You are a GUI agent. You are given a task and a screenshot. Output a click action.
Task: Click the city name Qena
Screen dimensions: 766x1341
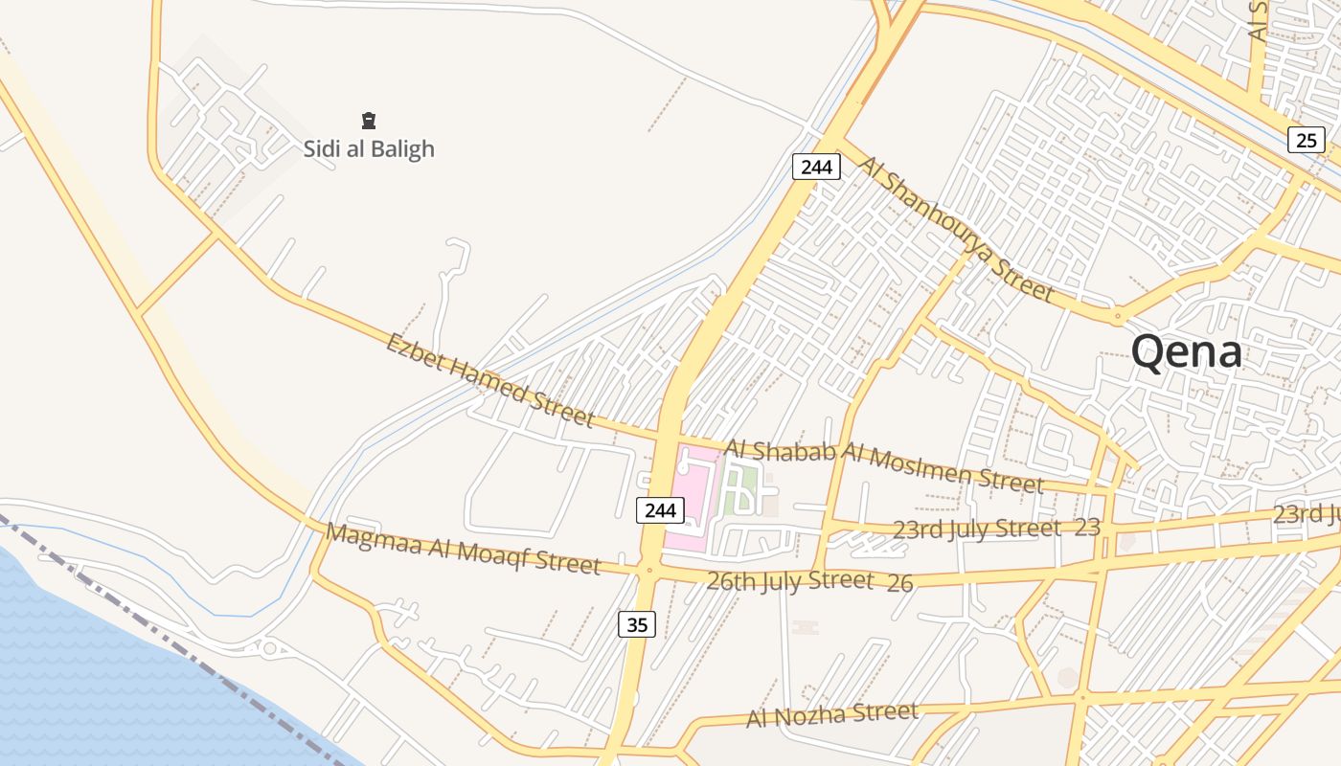1187,351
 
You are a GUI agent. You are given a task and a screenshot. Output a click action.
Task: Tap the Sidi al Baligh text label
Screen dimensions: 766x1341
369,149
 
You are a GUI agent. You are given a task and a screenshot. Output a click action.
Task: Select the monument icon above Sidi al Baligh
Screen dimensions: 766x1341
369,121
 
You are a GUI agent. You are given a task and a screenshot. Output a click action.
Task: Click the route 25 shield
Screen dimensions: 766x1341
1306,141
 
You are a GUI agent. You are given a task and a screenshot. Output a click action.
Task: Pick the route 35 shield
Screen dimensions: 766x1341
638,625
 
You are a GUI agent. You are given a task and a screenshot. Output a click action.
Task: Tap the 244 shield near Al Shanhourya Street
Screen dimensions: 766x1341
816,167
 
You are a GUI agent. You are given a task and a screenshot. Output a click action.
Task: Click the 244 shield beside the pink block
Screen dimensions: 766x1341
660,510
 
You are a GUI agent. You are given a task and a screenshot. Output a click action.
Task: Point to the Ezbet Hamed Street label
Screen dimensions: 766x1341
489,380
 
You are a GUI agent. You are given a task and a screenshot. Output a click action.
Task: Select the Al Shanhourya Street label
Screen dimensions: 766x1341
956,229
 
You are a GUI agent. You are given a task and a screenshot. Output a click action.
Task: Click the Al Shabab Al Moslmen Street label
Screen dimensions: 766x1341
883,465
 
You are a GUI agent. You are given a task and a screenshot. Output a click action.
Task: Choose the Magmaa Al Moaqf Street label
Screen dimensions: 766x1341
463,549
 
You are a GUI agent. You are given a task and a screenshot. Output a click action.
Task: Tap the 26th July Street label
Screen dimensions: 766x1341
790,580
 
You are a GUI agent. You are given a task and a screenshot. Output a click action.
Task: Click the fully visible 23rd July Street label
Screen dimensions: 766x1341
977,529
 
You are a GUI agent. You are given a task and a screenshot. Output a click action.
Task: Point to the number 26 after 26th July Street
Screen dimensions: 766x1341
899,582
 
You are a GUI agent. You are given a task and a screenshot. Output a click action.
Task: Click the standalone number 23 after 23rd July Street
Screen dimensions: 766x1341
1087,527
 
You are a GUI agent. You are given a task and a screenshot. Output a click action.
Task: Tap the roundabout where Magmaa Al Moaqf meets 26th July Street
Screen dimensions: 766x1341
649,571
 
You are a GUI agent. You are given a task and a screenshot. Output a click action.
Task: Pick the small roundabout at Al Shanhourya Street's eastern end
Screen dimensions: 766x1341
1117,316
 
